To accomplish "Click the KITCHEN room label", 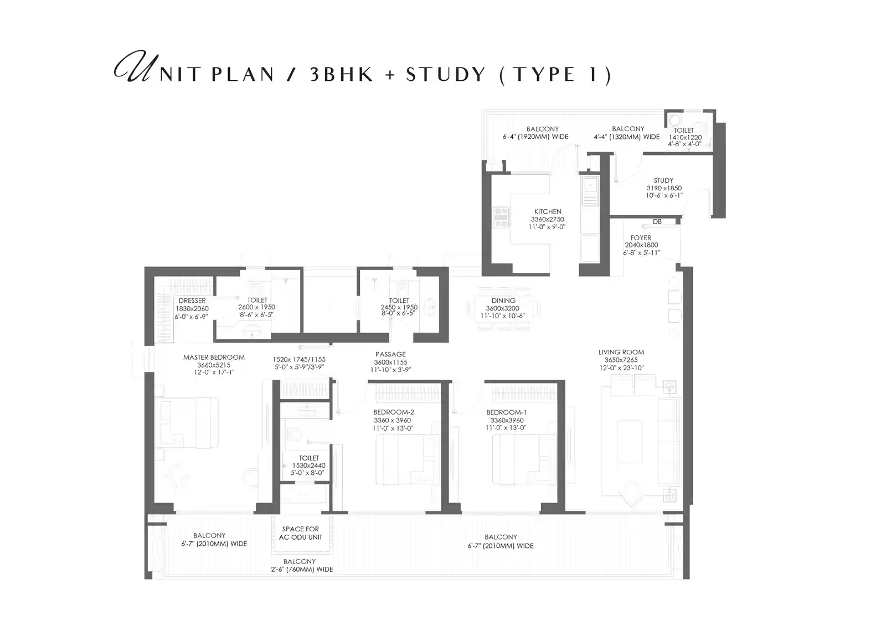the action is (x=548, y=211).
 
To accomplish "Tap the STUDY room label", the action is (x=663, y=180).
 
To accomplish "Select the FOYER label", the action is (x=641, y=237).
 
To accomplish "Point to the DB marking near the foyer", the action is (x=657, y=221).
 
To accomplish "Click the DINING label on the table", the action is (x=503, y=301).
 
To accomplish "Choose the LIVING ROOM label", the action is (x=621, y=352).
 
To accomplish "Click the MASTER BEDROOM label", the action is (x=214, y=357).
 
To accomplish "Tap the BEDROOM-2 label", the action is (x=393, y=412).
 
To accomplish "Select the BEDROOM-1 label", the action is (x=506, y=412).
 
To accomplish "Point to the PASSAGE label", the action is (x=390, y=354).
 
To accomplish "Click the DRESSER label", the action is (x=192, y=301).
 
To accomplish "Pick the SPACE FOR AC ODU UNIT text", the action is (x=300, y=533).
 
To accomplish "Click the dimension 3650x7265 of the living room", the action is (x=621, y=360).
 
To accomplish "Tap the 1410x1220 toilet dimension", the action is (x=685, y=137).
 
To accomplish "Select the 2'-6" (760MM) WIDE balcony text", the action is (x=302, y=570).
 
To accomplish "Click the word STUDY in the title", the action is (x=446, y=74).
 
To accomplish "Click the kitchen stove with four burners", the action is (x=501, y=218).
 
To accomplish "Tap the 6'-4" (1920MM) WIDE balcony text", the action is (x=535, y=136).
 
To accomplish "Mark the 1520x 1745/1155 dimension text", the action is (x=299, y=359).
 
